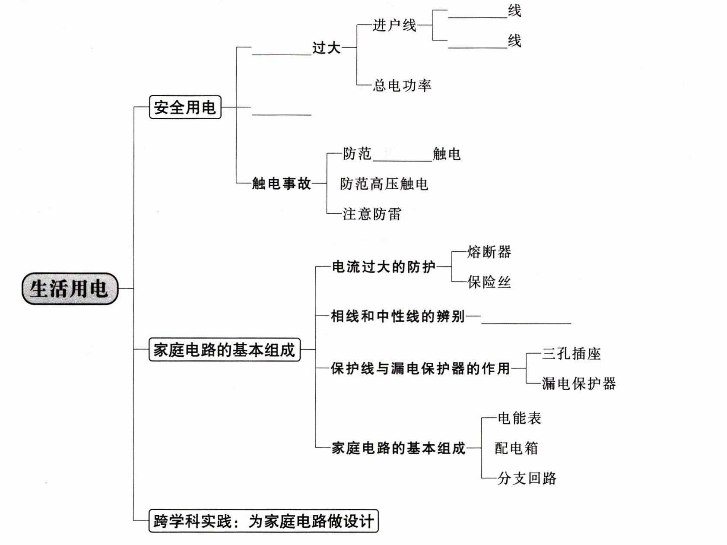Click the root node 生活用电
click(x=70, y=288)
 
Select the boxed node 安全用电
click(x=185, y=107)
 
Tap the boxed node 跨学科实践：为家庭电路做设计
click(x=263, y=521)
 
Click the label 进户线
click(x=394, y=25)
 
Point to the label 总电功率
click(x=402, y=85)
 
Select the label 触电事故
click(x=281, y=184)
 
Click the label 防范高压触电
click(x=384, y=184)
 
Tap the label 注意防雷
click(x=372, y=214)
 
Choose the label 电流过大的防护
click(x=384, y=267)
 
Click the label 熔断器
click(x=489, y=252)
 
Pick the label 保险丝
click(x=489, y=282)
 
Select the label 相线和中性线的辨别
click(x=397, y=316)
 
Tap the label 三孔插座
click(x=571, y=354)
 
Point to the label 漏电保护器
click(x=579, y=383)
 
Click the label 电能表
click(x=519, y=418)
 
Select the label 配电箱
click(x=516, y=448)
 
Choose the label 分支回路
click(x=527, y=478)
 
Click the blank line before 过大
click(x=282, y=52)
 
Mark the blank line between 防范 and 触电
click(x=402, y=158)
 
